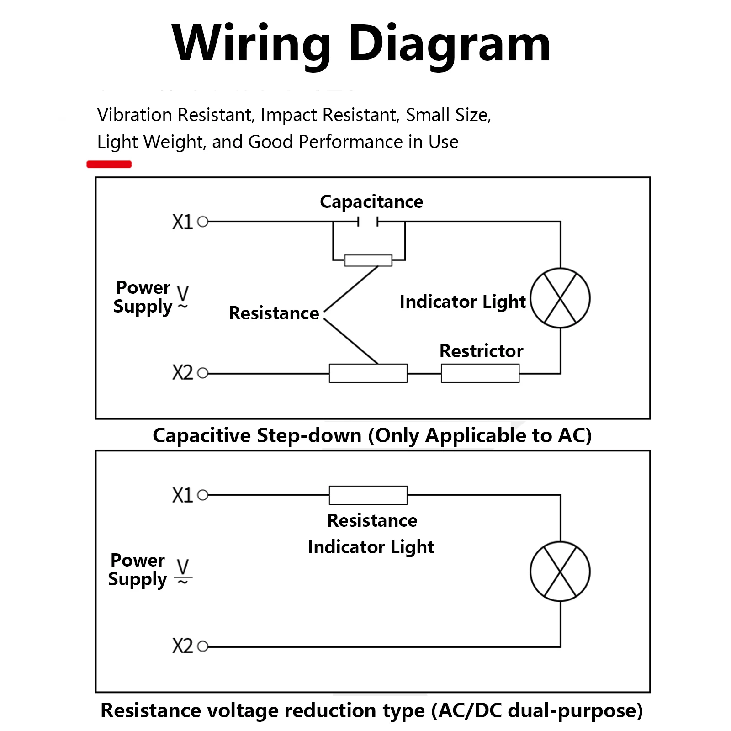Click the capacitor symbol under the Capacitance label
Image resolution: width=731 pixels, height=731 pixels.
click(x=368, y=222)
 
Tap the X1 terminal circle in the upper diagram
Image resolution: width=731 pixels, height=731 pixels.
click(x=203, y=222)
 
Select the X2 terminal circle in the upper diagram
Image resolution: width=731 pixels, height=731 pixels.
click(x=203, y=373)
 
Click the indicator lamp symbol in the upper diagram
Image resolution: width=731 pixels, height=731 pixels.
click(x=560, y=298)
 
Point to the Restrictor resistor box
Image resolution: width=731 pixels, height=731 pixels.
click(x=480, y=373)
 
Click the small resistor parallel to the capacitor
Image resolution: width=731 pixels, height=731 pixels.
click(x=368, y=260)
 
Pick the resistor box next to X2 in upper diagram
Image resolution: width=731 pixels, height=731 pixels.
click(x=368, y=373)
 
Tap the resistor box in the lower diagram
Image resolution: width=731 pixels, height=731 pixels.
click(x=368, y=495)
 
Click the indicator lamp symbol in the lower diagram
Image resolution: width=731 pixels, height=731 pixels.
click(x=560, y=572)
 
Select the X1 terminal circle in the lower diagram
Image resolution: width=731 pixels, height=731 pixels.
click(x=203, y=495)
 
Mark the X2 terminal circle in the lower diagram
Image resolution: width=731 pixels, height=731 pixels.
click(x=203, y=646)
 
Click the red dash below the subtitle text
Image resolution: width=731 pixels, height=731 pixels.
click(x=109, y=164)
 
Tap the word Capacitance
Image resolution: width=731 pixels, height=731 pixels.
click(x=371, y=202)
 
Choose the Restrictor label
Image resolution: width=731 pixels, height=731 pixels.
click(x=481, y=351)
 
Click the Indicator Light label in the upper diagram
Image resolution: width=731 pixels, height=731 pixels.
click(x=462, y=302)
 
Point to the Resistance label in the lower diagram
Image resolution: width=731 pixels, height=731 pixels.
click(x=372, y=521)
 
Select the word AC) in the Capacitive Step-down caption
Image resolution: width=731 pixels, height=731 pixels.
click(x=575, y=435)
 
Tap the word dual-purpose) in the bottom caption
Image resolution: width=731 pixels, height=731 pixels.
click(x=576, y=711)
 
